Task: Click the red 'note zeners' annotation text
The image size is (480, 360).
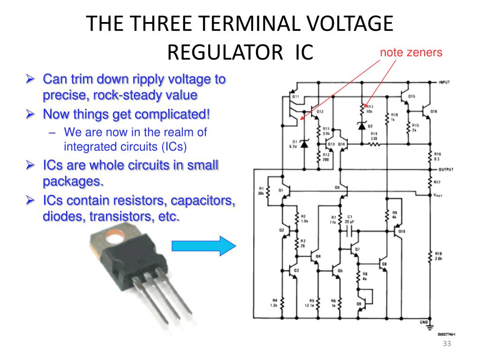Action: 411,52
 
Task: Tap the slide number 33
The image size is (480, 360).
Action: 446,345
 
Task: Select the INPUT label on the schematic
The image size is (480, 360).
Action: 444,82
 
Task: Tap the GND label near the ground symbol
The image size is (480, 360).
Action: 423,322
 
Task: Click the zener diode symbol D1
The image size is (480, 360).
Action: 304,144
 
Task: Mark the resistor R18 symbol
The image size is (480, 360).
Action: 430,256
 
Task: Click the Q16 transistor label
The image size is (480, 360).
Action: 433,112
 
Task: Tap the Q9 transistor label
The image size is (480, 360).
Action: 359,304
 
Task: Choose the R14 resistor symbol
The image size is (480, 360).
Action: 374,144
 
